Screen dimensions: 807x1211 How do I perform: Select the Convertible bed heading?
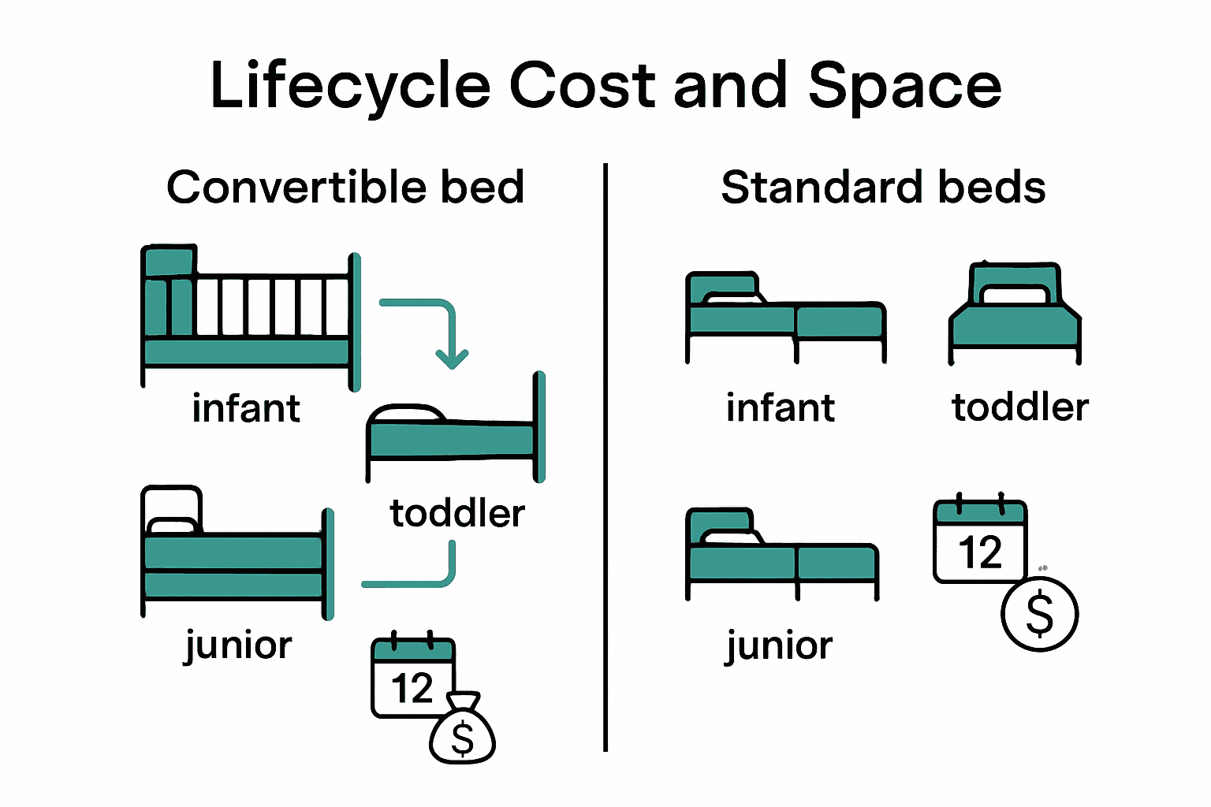click(x=345, y=188)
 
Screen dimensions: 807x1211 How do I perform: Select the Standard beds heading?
click(x=883, y=188)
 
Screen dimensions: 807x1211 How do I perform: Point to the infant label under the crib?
click(x=246, y=408)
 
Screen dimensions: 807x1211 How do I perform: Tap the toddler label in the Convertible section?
click(x=457, y=514)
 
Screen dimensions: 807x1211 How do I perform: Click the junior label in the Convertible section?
click(x=238, y=646)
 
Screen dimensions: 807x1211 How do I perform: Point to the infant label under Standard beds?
click(x=781, y=408)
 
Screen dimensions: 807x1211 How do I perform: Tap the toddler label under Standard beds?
click(x=1020, y=407)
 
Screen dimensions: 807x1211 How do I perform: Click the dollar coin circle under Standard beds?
click(x=1040, y=614)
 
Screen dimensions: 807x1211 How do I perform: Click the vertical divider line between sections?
click(x=605, y=457)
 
